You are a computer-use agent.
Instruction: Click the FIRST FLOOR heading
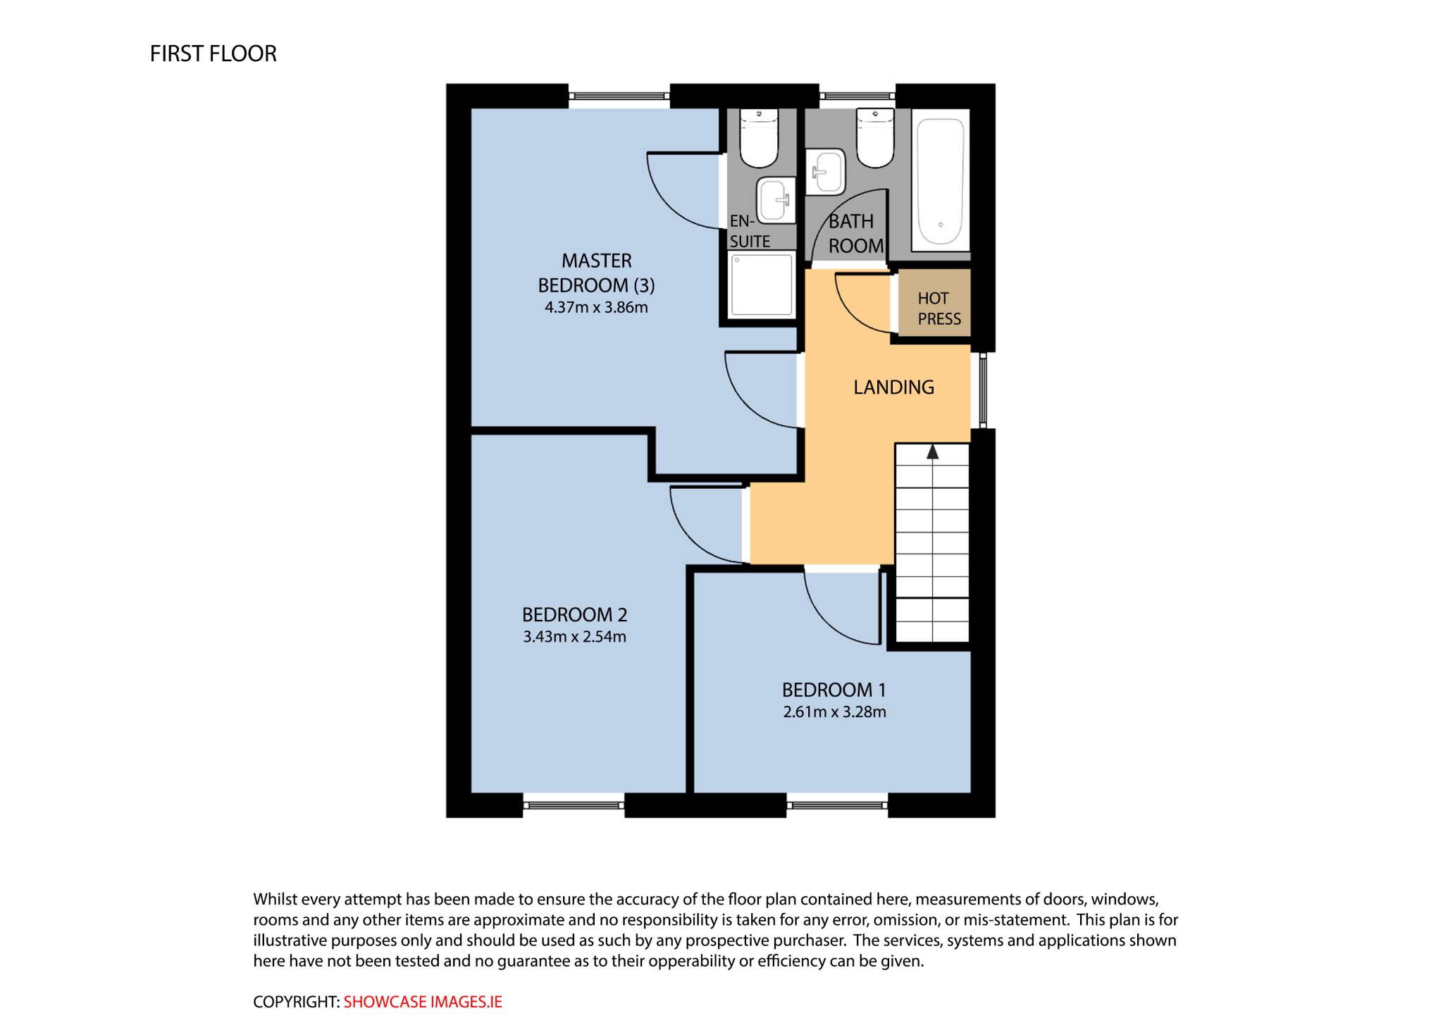pyautogui.click(x=213, y=54)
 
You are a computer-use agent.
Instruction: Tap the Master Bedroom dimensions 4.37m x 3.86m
pyautogui.click(x=596, y=307)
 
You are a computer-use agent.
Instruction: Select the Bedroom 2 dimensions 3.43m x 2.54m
pyautogui.click(x=574, y=637)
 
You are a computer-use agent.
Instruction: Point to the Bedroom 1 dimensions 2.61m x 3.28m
pyautogui.click(x=834, y=712)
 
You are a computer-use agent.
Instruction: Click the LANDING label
pyautogui.click(x=893, y=387)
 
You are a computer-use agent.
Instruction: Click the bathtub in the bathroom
pyautogui.click(x=941, y=181)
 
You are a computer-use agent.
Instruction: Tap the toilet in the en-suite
pyautogui.click(x=759, y=138)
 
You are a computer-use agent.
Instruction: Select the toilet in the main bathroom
pyautogui.click(x=875, y=138)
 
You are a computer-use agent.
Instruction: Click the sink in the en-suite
pyautogui.click(x=776, y=201)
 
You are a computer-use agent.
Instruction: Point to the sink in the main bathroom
pyautogui.click(x=825, y=171)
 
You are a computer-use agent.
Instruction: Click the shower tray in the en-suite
pyautogui.click(x=762, y=285)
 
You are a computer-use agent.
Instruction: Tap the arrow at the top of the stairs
pyautogui.click(x=932, y=452)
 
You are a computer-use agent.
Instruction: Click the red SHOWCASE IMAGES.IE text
pyautogui.click(x=423, y=1002)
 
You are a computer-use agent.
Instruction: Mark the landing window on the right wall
pyautogui.click(x=983, y=390)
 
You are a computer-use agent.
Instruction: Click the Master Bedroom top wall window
pyautogui.click(x=619, y=96)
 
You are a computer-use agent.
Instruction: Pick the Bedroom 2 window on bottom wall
pyautogui.click(x=574, y=804)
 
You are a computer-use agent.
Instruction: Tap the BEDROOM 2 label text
pyautogui.click(x=574, y=615)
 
